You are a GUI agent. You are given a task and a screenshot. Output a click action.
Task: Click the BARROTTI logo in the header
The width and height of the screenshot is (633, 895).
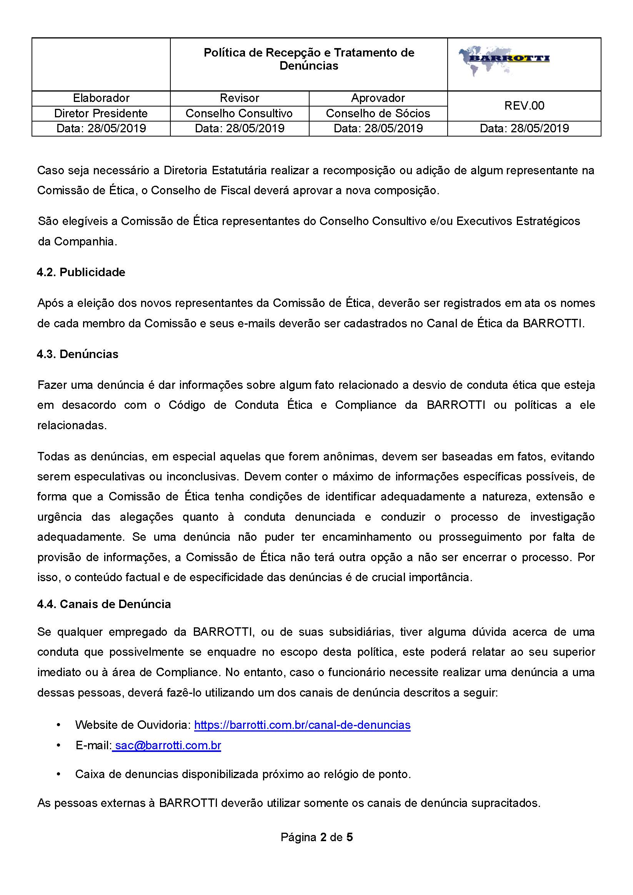point(504,61)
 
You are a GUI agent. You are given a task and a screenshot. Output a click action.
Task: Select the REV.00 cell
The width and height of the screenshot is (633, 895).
point(524,106)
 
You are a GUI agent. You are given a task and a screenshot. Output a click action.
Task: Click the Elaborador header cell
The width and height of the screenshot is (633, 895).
point(101,98)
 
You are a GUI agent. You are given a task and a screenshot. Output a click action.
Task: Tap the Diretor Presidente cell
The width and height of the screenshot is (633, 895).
point(101,113)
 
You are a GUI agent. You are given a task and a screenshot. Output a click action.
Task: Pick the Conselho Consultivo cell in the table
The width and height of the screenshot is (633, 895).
point(239,113)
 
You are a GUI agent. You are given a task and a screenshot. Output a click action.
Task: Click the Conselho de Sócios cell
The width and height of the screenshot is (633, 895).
point(378,113)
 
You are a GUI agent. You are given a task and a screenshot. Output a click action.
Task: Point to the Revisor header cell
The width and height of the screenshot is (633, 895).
point(239,98)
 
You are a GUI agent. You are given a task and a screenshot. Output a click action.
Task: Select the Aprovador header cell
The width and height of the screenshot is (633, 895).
point(378,98)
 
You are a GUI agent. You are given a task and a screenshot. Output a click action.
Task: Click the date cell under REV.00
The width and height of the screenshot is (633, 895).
point(524,128)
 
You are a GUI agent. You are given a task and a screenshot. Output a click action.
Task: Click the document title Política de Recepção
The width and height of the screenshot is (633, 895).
point(309,59)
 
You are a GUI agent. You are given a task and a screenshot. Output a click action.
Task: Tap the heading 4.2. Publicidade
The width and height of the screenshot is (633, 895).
point(81,272)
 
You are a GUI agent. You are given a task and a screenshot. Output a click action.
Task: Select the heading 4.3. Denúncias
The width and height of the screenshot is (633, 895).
point(78,354)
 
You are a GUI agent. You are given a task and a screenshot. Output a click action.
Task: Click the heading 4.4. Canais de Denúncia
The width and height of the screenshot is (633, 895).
point(104,604)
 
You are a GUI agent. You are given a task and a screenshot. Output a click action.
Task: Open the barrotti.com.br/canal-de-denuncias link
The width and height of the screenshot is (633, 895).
point(302,725)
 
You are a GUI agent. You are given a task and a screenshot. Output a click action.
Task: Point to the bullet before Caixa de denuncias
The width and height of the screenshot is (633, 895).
point(58,774)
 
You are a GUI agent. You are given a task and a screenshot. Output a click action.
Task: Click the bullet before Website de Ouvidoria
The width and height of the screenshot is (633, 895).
point(58,725)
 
